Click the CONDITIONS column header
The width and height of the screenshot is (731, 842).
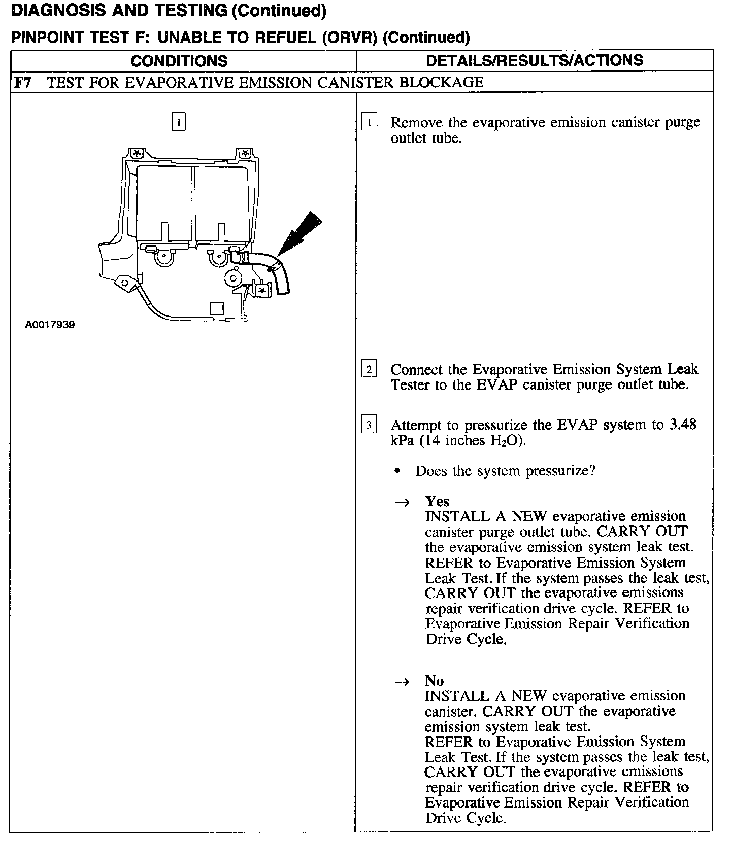point(179,61)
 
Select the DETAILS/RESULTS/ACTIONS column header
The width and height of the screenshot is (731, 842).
point(535,60)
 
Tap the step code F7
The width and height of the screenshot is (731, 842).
point(22,82)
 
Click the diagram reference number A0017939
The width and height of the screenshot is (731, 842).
point(50,325)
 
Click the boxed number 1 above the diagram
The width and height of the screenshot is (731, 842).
point(179,122)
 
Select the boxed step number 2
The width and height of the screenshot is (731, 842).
point(369,369)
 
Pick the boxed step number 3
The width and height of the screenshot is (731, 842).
point(369,424)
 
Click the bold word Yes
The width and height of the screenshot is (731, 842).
point(437,501)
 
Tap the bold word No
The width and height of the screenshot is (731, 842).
point(435,681)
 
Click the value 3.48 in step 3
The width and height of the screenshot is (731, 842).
point(682,424)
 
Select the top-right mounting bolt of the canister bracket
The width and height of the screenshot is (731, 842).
point(246,153)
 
